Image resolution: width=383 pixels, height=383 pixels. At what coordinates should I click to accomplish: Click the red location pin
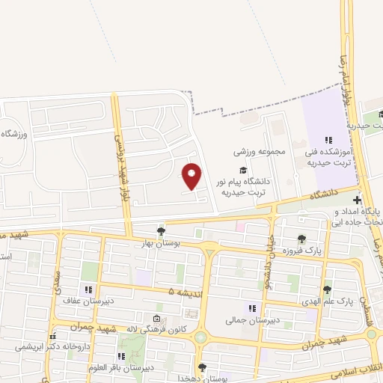pos(192,175)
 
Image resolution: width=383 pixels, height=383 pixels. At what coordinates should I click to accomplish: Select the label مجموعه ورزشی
pos(260,152)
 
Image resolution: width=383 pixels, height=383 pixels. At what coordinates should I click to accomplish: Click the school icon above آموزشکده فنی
pos(327,140)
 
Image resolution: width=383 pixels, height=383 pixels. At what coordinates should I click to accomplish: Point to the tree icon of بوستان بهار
pos(160,230)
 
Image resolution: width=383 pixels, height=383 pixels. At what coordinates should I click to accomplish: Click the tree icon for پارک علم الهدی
pos(327,289)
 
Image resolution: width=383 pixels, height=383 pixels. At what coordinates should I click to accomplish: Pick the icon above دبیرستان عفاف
pos(88,289)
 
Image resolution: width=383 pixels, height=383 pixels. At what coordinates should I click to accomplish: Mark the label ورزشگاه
pos(14,134)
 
